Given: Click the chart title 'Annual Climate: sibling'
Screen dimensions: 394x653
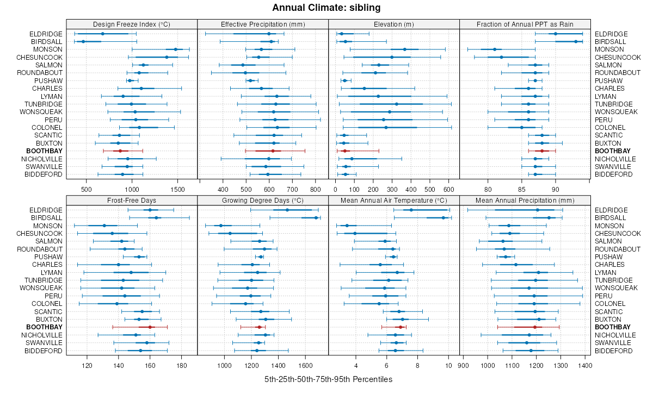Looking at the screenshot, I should [326, 8].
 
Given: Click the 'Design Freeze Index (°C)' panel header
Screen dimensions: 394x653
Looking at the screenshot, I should [132, 24].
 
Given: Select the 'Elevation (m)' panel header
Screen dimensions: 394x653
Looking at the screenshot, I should [394, 24].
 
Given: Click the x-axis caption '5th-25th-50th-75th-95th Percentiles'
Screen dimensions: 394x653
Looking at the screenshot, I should [328, 379].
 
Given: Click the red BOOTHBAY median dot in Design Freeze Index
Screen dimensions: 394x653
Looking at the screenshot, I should [120, 151].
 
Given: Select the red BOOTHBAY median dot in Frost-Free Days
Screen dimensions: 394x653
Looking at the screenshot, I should [150, 327].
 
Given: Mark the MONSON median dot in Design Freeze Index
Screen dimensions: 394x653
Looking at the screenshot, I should [175, 49].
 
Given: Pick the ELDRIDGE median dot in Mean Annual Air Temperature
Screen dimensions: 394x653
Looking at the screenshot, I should [411, 210].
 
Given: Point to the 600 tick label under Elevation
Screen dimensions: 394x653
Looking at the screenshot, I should [448, 190].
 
